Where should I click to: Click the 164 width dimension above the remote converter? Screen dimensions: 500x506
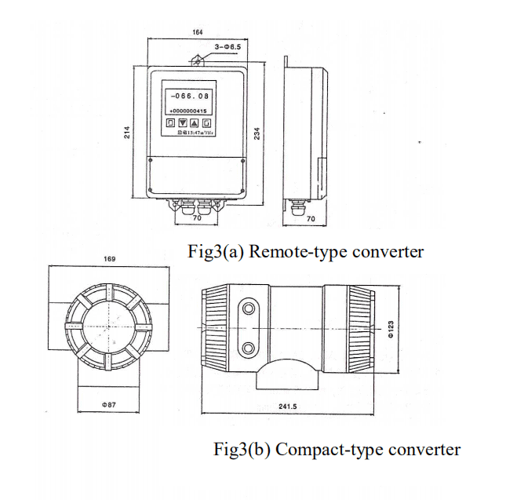[x=198, y=31]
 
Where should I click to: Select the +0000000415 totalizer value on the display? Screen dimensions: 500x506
[x=187, y=111]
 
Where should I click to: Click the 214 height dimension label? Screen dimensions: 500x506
[x=127, y=134]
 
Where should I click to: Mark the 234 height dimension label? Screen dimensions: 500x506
[x=256, y=134]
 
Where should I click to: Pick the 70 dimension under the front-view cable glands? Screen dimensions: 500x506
[x=197, y=218]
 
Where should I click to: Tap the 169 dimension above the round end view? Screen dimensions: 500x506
[x=110, y=257]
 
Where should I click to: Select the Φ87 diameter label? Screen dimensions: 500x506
[x=108, y=404]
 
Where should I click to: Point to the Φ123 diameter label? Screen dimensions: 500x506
[x=391, y=328]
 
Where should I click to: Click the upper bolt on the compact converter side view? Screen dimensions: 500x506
[x=249, y=307]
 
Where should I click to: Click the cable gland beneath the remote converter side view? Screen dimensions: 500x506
[x=298, y=207]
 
